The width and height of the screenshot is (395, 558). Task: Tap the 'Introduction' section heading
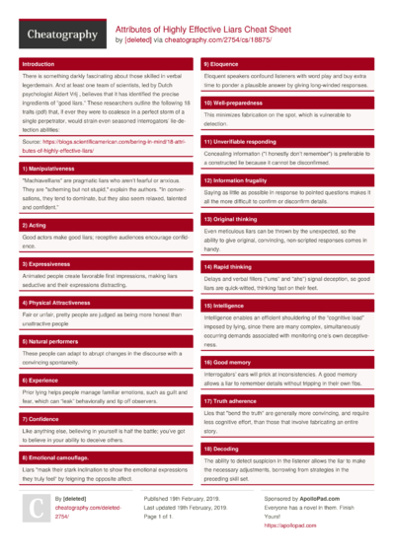coord(39,64)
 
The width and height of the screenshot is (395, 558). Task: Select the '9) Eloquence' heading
coord(224,64)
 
